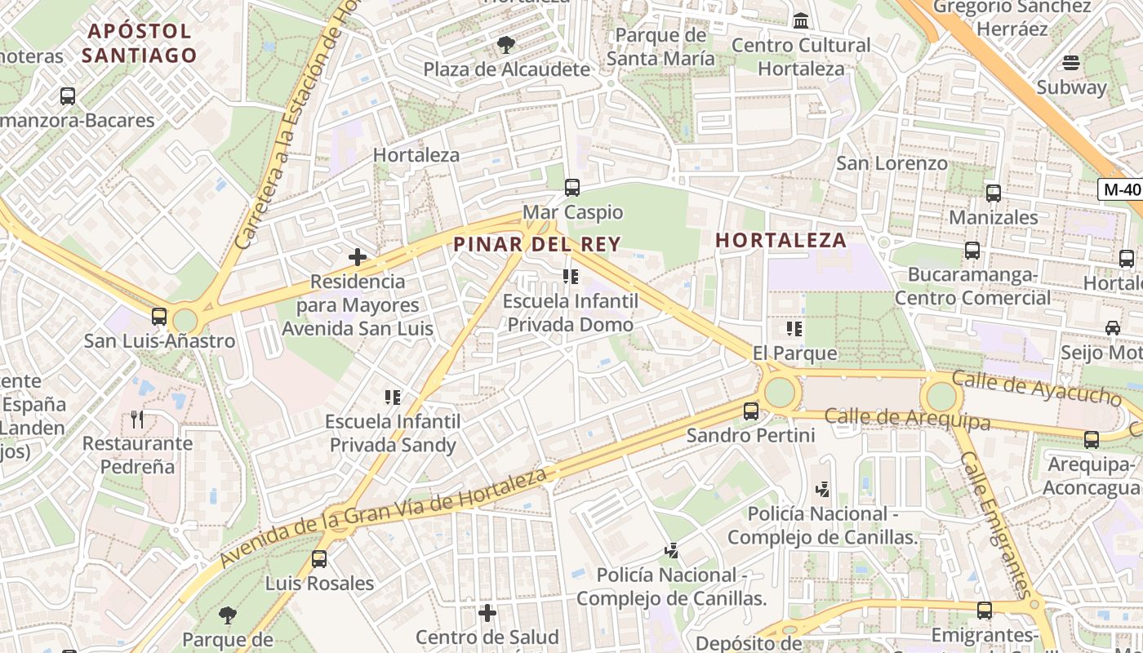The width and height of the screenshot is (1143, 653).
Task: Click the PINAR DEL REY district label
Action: click(537, 244)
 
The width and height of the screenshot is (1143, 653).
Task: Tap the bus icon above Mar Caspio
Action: click(572, 188)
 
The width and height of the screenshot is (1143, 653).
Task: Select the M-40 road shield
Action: click(1121, 189)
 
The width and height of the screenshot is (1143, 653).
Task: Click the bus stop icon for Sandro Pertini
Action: click(751, 411)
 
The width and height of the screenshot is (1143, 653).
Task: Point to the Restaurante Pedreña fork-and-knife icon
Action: click(137, 420)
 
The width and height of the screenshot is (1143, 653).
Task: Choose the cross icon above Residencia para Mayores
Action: click(358, 257)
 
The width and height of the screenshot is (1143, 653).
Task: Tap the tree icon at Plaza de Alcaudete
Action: click(506, 45)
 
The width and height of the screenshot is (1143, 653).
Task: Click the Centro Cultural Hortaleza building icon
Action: click(801, 20)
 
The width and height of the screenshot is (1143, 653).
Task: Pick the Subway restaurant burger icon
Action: click(1071, 63)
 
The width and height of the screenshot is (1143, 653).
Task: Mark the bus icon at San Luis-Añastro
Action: click(159, 317)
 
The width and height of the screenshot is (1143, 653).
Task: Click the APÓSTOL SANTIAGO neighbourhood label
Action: click(140, 43)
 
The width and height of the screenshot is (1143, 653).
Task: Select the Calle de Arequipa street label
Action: click(907, 419)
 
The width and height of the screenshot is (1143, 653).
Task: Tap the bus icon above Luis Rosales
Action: click(319, 559)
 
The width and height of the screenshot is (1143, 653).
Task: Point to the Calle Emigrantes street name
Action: click(995, 526)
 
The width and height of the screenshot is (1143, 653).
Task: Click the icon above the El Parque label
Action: click(794, 329)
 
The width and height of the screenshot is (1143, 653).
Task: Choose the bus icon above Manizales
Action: click(994, 193)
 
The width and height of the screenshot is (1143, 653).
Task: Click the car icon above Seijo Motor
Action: click(1113, 328)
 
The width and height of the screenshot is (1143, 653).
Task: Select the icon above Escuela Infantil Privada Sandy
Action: click(393, 398)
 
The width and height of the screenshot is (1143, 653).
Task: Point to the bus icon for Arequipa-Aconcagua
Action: click(1092, 440)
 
